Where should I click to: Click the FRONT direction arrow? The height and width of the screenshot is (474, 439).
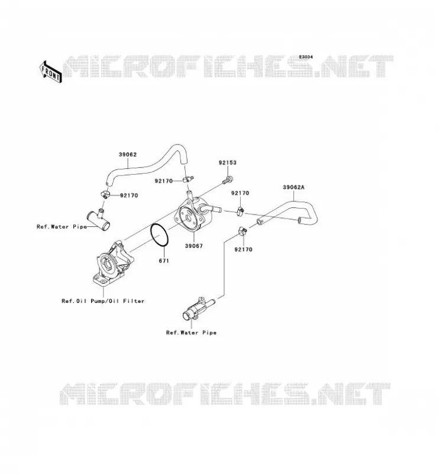tap(51, 72)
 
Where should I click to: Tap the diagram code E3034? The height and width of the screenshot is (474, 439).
tap(306, 57)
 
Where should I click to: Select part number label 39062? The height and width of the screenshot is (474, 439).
tap(128, 155)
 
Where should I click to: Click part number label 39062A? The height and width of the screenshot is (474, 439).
tap(293, 187)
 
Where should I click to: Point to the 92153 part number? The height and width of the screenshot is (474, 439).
tap(228, 162)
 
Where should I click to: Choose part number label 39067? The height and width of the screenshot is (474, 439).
tap(194, 246)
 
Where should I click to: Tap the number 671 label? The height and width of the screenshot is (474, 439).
tap(164, 261)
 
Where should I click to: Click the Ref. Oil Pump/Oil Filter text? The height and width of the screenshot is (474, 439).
tap(103, 301)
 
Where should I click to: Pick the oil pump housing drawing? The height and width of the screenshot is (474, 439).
tap(113, 264)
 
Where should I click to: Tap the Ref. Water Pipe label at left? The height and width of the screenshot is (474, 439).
tap(62, 226)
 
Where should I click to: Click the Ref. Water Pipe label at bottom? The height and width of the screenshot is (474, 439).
tap(192, 332)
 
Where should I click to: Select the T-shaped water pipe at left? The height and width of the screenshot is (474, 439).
tap(99, 220)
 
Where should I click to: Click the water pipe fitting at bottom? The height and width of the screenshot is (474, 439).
tap(198, 309)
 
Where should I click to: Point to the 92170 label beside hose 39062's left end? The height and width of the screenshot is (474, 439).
tap(129, 196)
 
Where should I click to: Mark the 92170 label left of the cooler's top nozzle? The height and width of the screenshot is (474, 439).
tap(164, 181)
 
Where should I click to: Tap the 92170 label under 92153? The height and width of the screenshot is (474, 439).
tap(240, 193)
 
